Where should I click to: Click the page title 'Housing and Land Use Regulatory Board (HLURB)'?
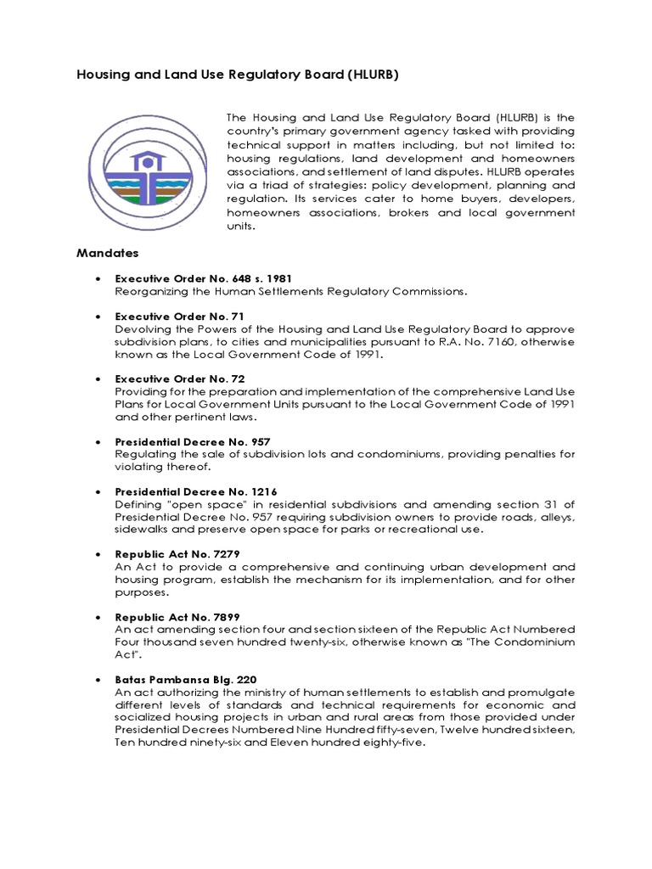click(x=237, y=75)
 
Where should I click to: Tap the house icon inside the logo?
click(x=149, y=160)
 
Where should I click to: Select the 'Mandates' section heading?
click(x=108, y=253)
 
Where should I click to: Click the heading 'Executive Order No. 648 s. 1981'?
click(x=204, y=278)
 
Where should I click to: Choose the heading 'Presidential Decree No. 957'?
click(x=192, y=441)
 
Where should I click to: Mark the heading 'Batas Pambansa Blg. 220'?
click(x=185, y=679)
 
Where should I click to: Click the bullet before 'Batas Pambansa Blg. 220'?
click(x=100, y=680)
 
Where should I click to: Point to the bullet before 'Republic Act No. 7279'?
click(x=100, y=554)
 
